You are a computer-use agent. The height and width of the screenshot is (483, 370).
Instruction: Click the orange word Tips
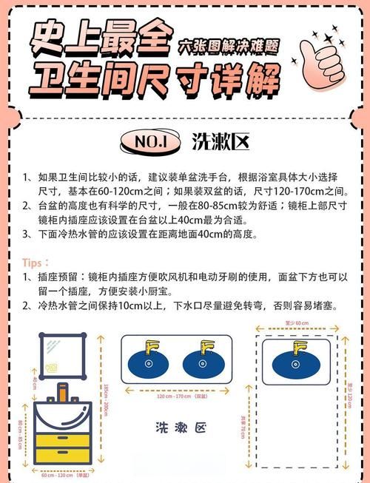tap(36, 263)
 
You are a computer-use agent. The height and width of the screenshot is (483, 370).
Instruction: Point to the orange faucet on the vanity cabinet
tap(64, 392)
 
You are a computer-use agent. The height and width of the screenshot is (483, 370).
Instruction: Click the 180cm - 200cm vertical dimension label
tap(107, 399)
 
